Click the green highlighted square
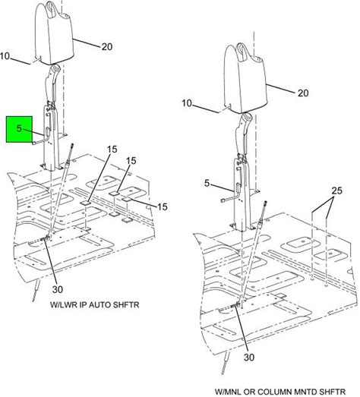[x=19, y=129]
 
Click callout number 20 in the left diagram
[x=107, y=46]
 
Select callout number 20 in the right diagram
[x=303, y=93]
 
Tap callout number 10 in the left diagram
[x=5, y=56]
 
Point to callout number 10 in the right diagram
[x=187, y=103]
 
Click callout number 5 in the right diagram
[x=207, y=183]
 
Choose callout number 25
[x=337, y=191]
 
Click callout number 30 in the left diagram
[x=58, y=289]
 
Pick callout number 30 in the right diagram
[x=249, y=358]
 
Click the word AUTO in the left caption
[x=99, y=304]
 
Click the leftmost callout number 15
[x=112, y=150]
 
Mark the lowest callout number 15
[x=163, y=206]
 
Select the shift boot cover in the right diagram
[x=247, y=77]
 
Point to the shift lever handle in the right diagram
[x=243, y=137]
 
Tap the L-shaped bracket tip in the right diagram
[x=223, y=201]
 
